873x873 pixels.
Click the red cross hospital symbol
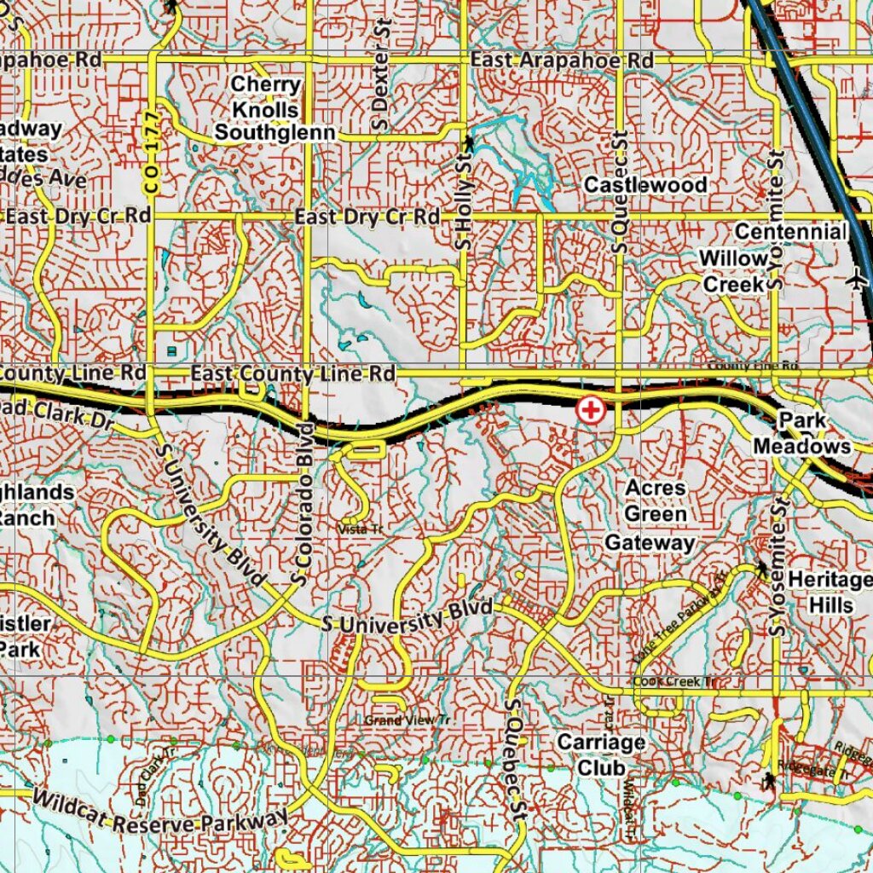tap(590, 410)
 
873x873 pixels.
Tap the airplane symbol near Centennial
tap(859, 277)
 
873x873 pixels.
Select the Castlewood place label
tap(645, 185)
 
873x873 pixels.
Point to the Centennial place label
tap(790, 232)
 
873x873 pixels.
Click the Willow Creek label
tap(733, 272)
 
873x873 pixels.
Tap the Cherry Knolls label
tap(265, 97)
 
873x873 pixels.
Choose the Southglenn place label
tap(275, 134)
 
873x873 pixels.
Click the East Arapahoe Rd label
tap(562, 61)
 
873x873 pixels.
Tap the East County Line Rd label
tap(292, 373)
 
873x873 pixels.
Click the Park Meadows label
tap(801, 433)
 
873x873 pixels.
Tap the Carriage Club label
tap(601, 754)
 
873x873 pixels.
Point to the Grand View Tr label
tap(407, 720)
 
